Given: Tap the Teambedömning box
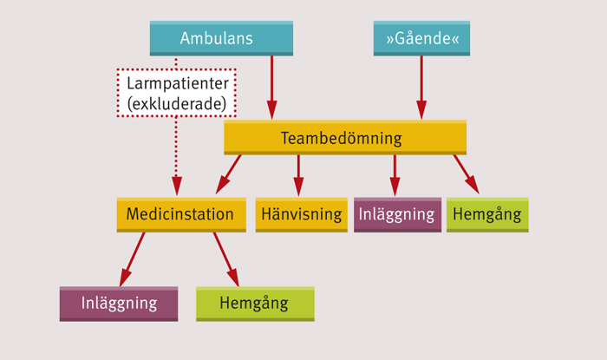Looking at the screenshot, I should tap(344, 138).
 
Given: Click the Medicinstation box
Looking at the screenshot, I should tap(180, 214).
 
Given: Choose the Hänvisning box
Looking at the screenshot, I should tap(300, 214).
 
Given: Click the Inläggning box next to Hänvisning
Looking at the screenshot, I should tap(396, 214).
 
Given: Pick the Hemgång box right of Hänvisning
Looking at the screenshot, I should tap(487, 214).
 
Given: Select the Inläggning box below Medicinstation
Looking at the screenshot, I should tap(119, 304).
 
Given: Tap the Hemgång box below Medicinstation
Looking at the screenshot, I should tap(255, 304).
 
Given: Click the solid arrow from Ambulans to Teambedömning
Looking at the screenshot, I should tap(272, 87).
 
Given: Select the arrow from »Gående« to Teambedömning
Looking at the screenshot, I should tap(421, 87).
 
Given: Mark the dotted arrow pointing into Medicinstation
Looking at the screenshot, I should tap(176, 156).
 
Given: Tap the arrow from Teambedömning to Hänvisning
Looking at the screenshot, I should tap(298, 174).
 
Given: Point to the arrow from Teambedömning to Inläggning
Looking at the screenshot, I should tap(395, 174).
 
